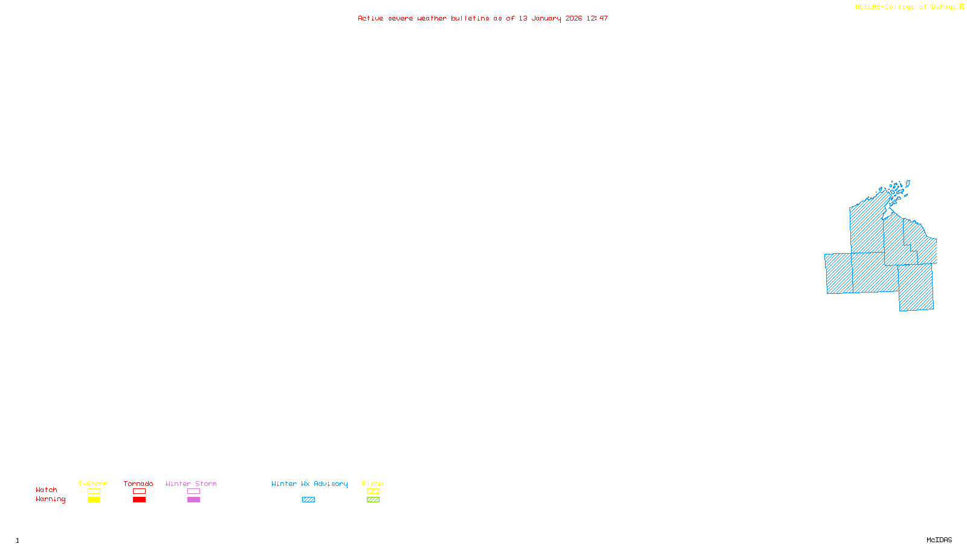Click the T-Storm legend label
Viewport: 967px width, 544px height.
tap(93, 484)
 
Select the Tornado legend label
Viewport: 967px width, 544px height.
tap(138, 484)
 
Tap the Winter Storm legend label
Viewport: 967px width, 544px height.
tap(191, 484)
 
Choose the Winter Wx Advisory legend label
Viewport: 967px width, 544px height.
tap(309, 484)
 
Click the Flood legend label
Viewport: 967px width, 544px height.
tap(373, 484)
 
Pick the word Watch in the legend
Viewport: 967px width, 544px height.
tap(47, 490)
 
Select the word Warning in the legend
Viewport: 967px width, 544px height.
tap(51, 499)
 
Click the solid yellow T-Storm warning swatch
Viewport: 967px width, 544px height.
tap(94, 500)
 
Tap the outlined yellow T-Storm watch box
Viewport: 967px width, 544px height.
tap(94, 491)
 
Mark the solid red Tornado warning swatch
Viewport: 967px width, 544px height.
tap(140, 500)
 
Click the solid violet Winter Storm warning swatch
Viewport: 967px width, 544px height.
tap(193, 500)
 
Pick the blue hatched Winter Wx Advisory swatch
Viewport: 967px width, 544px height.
tap(308, 500)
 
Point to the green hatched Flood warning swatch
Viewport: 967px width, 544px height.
tap(373, 500)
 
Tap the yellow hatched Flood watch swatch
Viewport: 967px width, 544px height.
tap(373, 491)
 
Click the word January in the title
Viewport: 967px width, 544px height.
tap(546, 18)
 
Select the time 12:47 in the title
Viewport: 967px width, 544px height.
tap(597, 18)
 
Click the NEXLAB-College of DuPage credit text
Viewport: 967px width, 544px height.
tap(906, 7)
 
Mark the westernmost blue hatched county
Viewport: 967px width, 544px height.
tap(839, 274)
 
